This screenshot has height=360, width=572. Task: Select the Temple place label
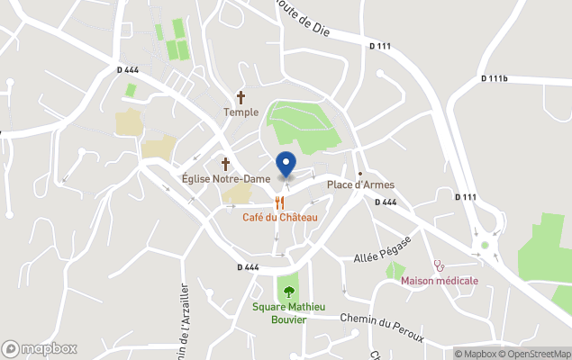point(241,112)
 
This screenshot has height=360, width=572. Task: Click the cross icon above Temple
point(241,96)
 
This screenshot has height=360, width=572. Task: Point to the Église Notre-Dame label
point(225,179)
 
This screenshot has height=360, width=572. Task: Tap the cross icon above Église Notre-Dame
point(225,163)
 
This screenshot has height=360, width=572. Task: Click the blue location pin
point(285,164)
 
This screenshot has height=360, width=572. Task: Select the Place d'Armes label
point(359,184)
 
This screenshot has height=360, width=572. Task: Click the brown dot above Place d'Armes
point(359,173)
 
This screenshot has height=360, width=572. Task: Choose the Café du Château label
point(279,218)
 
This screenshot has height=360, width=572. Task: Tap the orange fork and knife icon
point(280,202)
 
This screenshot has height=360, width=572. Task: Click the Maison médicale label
point(440,281)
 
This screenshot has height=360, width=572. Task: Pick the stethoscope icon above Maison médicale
point(440,265)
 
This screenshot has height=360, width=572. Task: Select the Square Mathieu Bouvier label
point(288,313)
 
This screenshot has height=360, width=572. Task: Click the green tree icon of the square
point(288,291)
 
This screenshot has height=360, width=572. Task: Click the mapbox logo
point(40,348)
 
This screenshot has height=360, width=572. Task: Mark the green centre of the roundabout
point(485,245)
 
